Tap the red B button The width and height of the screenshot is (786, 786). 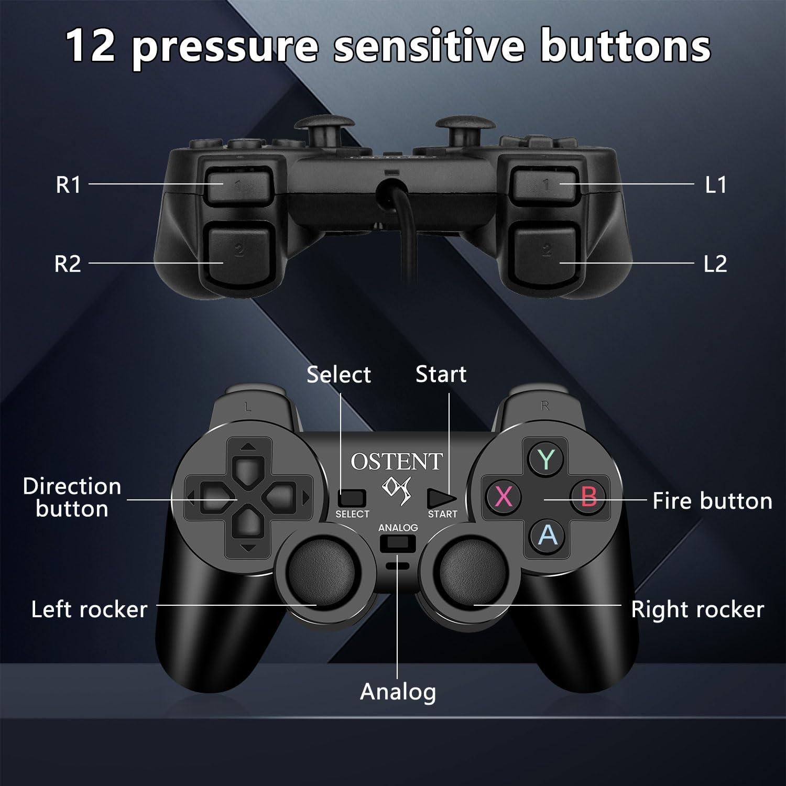tap(588, 496)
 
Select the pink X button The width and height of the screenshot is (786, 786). tap(504, 496)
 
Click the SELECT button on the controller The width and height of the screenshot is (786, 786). tap(352, 498)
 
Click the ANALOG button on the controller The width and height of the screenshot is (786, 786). tap(398, 543)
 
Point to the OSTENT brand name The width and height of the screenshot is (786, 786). tap(397, 462)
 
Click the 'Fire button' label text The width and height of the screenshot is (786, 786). tap(712, 501)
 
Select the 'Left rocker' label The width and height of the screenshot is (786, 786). tap(89, 609)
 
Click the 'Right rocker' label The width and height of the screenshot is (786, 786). tap(697, 609)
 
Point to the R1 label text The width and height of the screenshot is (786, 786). tap(68, 185)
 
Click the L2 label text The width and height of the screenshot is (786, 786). tap(715, 264)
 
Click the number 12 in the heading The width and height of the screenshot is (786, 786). tap(91, 46)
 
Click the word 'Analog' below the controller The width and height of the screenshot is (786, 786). tap(398, 692)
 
